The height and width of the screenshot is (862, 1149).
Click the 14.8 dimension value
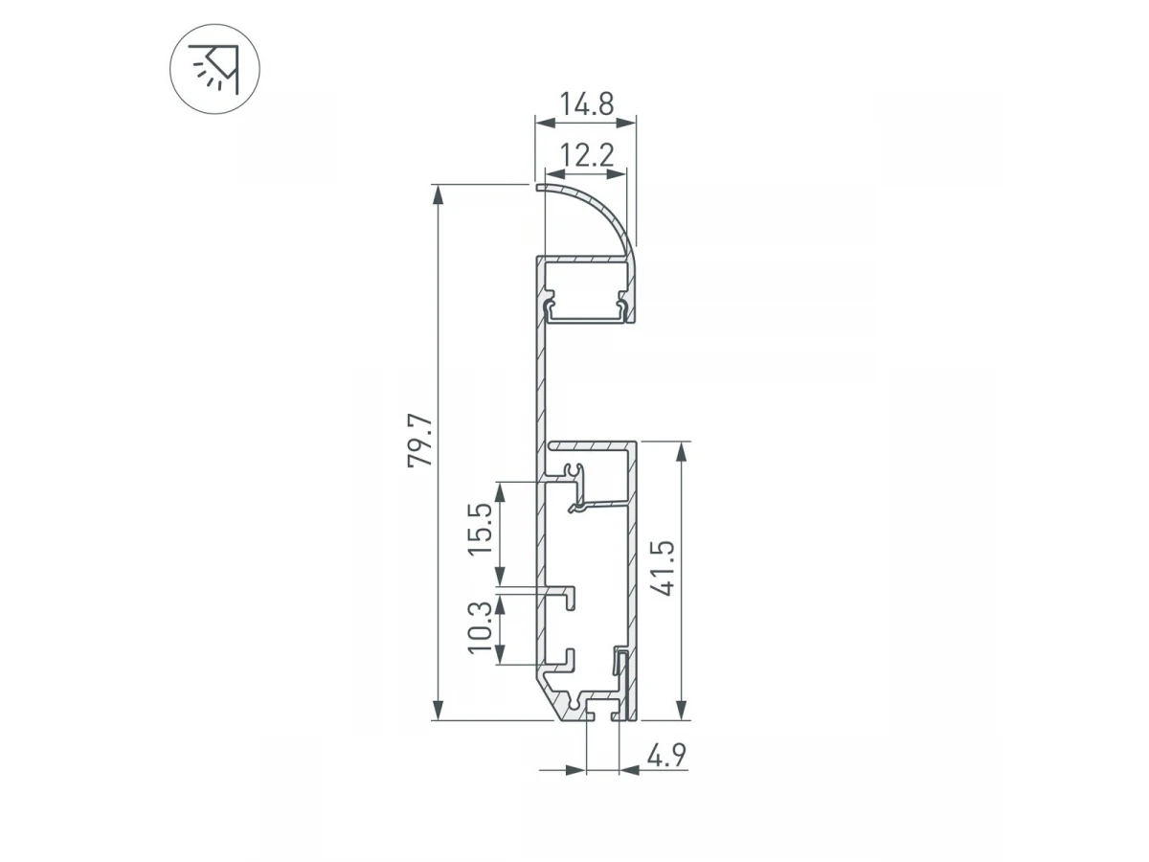click(x=586, y=103)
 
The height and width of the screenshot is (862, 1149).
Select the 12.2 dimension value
click(x=586, y=155)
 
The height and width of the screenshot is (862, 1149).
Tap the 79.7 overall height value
click(x=420, y=440)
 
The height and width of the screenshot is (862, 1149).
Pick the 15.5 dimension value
click(x=480, y=529)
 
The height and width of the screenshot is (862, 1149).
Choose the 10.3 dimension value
click(x=480, y=627)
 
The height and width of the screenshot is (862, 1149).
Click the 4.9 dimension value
click(x=666, y=756)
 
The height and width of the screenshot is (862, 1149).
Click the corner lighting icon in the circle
click(x=214, y=69)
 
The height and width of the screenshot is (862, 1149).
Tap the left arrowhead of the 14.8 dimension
click(x=545, y=123)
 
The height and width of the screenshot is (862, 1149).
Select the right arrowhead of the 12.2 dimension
click(x=617, y=173)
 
